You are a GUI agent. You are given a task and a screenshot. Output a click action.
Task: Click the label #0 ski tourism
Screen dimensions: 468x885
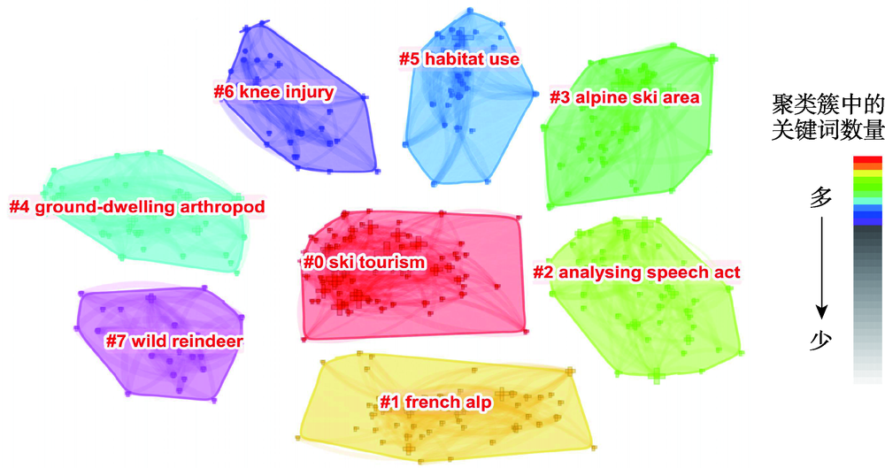point(363,263)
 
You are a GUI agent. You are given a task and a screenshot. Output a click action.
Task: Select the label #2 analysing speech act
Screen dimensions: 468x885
point(635,272)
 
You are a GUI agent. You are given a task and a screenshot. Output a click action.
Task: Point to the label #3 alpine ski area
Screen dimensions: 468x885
point(624,96)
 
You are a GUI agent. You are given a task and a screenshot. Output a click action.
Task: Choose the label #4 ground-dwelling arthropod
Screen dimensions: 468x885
point(137,207)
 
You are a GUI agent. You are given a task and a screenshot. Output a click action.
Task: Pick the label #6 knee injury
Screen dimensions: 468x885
point(273,91)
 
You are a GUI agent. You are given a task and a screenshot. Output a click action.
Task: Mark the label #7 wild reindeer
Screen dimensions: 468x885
point(173,341)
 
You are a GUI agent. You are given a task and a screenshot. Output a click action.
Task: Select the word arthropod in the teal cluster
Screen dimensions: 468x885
point(223,207)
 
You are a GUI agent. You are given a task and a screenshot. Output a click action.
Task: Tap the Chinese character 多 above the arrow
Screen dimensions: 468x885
point(822,201)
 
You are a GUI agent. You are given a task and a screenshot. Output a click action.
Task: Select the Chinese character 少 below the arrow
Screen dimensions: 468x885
point(822,340)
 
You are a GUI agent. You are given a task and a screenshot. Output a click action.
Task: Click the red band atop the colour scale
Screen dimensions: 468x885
point(866,160)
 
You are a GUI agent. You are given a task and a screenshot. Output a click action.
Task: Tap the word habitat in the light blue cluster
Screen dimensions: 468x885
point(453,59)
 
